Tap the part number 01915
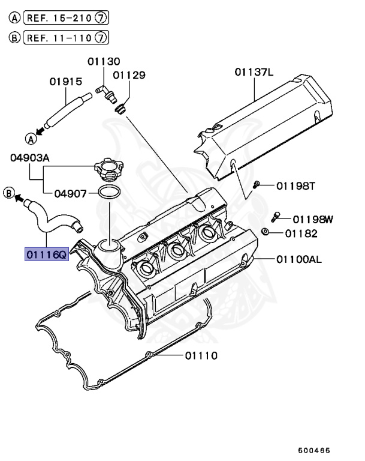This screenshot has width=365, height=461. click(x=66, y=82)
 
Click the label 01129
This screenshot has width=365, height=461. click(x=129, y=75)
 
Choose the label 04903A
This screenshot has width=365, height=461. click(x=30, y=158)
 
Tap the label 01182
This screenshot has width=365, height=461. click(x=301, y=233)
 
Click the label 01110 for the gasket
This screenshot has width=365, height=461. click(x=201, y=355)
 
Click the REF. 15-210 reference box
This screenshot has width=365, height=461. click(x=65, y=19)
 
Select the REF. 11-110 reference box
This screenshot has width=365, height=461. click(x=65, y=38)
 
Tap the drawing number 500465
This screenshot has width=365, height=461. click(x=315, y=449)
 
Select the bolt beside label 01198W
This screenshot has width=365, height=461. click(x=276, y=214)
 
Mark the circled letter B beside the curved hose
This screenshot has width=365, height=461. click(x=9, y=193)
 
